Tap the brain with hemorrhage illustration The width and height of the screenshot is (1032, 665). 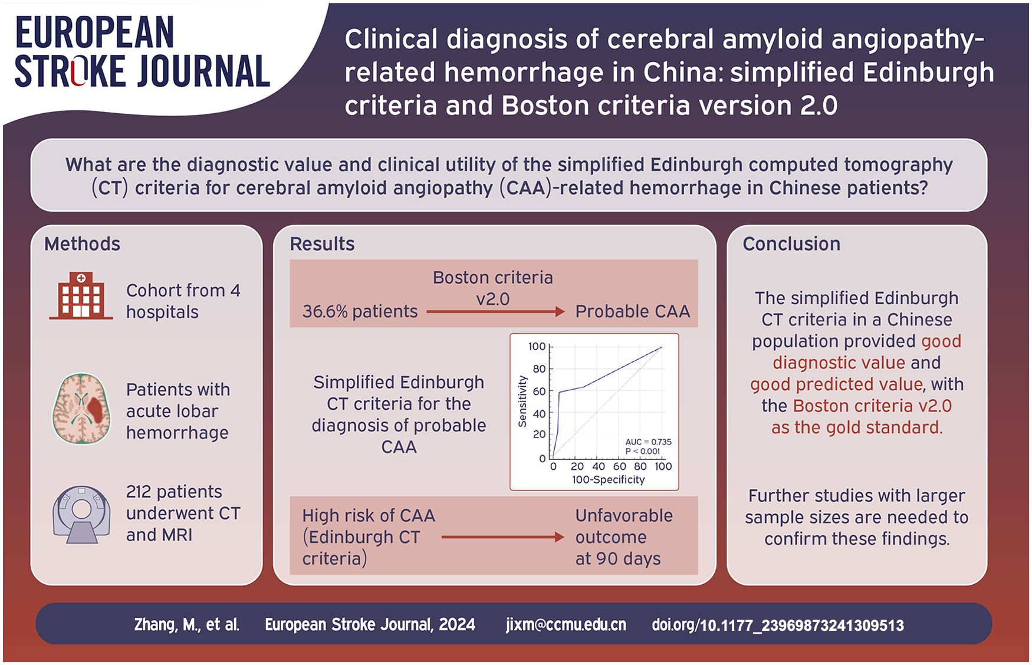[81, 409]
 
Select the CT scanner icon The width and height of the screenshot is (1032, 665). [81, 513]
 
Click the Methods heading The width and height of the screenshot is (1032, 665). [82, 244]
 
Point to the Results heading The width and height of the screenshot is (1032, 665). [322, 244]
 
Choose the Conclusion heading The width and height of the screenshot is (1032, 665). [791, 244]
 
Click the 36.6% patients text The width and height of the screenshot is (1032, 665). [360, 311]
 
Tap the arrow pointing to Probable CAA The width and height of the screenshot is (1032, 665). [495, 311]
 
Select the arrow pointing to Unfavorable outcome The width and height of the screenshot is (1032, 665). [503, 537]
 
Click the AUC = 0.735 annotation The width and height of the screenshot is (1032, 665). [648, 442]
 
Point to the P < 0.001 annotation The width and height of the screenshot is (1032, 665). [643, 452]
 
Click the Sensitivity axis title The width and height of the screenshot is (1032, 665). [522, 401]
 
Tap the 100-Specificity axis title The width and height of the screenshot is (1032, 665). [608, 480]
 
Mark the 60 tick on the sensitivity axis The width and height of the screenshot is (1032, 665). [539, 391]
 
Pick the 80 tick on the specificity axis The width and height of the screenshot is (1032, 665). [640, 466]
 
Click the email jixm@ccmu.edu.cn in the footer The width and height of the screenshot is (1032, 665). [566, 624]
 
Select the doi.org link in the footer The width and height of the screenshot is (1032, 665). [778, 625]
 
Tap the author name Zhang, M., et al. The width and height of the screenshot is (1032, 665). [187, 625]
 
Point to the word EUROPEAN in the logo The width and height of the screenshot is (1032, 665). [95, 32]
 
